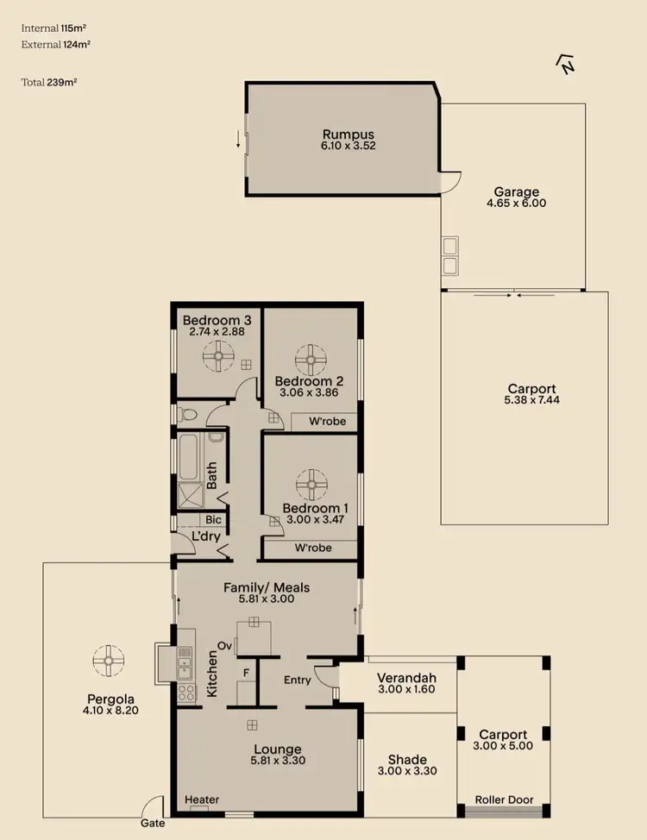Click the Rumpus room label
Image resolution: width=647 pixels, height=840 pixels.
tap(349, 134)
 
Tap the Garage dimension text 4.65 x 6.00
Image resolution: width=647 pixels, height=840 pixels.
tap(517, 204)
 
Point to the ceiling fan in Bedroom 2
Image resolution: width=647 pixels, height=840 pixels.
tap(310, 359)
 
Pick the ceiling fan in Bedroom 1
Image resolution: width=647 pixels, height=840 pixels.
tap(310, 484)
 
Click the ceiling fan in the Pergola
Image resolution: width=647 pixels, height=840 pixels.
tap(109, 661)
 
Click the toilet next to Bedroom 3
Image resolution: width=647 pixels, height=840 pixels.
tap(187, 416)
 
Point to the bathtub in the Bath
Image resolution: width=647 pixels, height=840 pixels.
tap(187, 456)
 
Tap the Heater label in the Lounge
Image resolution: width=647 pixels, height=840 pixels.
tap(202, 799)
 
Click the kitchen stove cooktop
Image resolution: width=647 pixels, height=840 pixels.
tap(185, 691)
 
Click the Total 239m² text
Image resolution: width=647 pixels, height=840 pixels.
tap(48, 83)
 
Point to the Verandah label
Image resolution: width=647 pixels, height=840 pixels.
tap(405, 676)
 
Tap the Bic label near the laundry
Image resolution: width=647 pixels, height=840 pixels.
tap(213, 520)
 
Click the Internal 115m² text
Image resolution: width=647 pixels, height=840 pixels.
tap(55, 28)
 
